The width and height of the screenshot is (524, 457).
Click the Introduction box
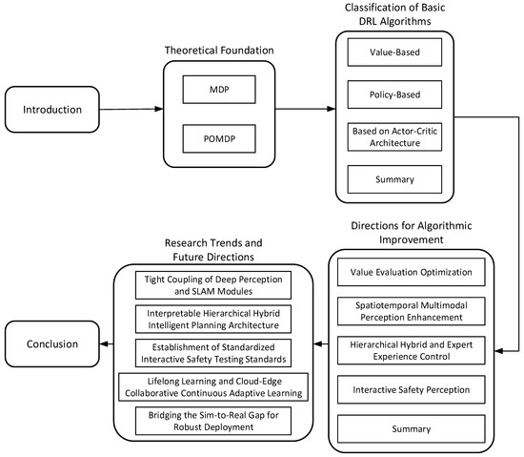52,110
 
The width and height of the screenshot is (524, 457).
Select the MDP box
219,90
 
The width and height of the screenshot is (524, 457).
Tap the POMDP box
219,138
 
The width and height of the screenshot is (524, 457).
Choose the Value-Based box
394,52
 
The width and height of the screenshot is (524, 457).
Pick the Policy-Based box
394,94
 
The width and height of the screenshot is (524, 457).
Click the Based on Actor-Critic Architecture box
394,136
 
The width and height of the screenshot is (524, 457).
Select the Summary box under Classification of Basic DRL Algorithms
394,179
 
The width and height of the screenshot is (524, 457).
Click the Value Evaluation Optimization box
411,272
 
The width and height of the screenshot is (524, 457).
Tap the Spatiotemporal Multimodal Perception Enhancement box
411,311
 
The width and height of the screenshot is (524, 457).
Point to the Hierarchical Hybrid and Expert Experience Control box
411,350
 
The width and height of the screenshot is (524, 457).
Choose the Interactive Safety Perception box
411,389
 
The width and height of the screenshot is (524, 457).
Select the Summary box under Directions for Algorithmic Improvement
411,429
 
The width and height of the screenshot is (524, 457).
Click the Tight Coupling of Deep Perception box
213,285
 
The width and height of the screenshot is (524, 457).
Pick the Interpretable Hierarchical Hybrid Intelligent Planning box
213,320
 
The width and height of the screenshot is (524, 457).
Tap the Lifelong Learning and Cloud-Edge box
213,387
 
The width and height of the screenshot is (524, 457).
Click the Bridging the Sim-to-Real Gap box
213,421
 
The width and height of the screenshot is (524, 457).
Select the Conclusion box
52,343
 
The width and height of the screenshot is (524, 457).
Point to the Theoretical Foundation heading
219,51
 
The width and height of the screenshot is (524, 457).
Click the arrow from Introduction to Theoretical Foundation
131,109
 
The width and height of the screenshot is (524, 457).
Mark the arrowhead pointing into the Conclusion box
104,343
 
